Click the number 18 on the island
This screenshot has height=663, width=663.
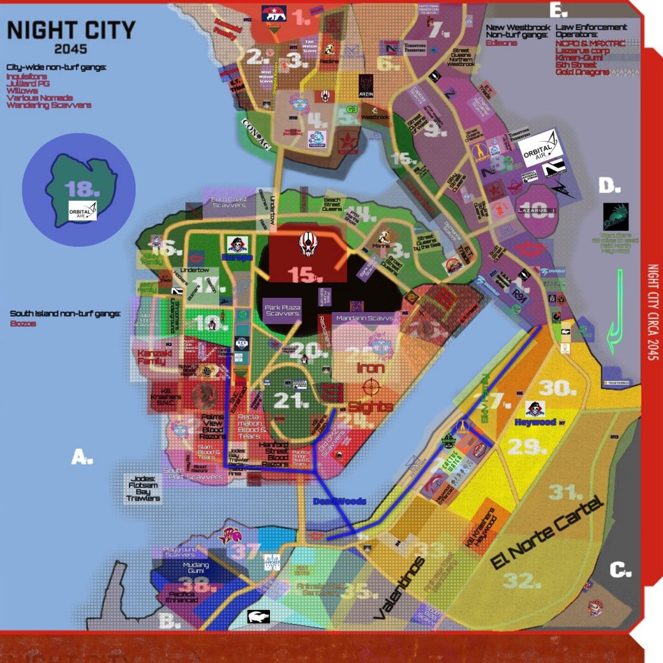coord(78,188)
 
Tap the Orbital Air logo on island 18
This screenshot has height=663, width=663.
coord(83,210)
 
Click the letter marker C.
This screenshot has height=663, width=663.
coord(620,570)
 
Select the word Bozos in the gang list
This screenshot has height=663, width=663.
coord(23,323)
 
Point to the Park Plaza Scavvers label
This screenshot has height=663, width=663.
coord(282,309)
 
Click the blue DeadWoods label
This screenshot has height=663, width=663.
coord(340,501)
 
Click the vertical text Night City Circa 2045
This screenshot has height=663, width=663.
coord(653,324)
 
